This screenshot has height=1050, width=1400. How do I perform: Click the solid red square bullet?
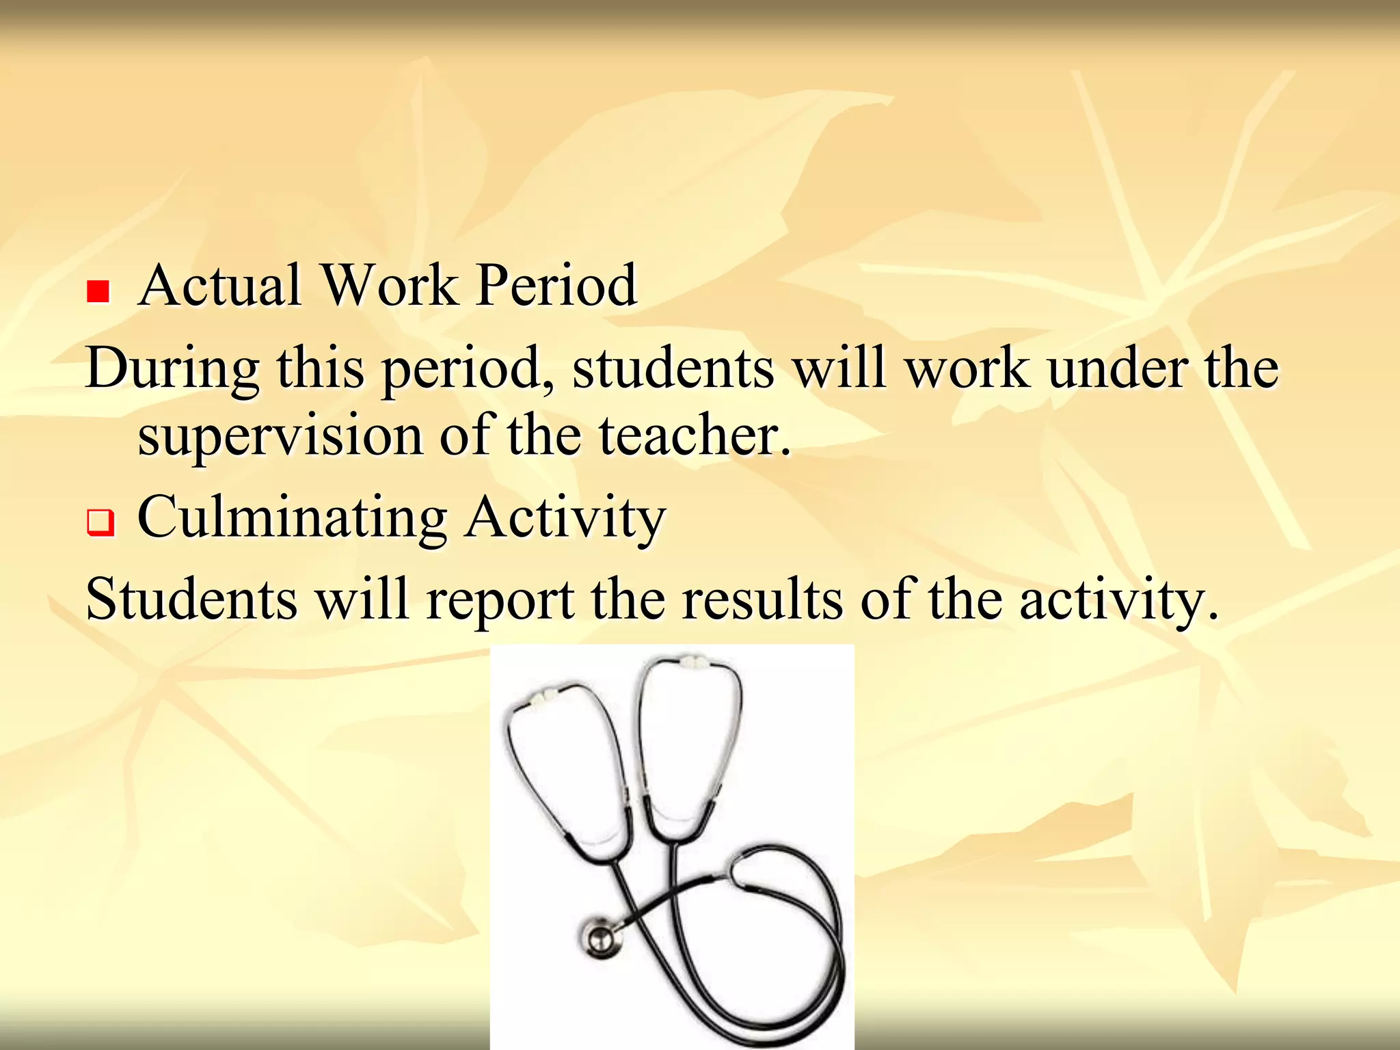[98, 292]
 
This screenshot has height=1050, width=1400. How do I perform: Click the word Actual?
[219, 285]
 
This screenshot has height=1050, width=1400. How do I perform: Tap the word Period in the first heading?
[556, 285]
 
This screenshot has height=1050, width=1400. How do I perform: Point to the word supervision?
[280, 437]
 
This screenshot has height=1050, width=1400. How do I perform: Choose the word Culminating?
[293, 518]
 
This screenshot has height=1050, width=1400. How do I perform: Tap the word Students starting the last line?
[191, 599]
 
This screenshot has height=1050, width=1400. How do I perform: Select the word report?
[500, 600]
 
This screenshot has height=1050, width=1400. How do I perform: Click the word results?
[762, 599]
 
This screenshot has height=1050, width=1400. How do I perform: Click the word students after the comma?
[673, 368]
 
